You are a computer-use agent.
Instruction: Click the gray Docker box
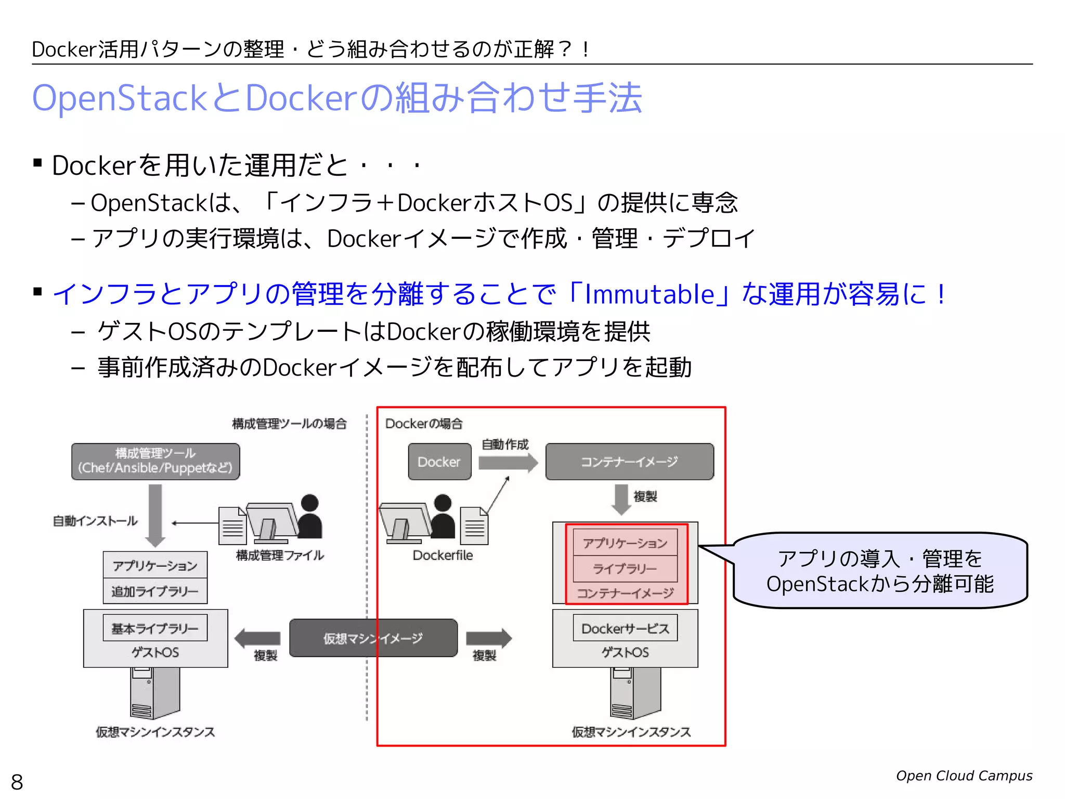439,461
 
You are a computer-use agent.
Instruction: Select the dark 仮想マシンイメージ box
373,638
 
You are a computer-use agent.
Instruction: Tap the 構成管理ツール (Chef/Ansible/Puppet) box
155,461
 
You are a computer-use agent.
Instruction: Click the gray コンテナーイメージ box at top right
629,461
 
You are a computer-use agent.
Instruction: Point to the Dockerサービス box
625,628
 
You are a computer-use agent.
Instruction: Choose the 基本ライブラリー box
155,628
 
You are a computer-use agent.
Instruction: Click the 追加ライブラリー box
155,591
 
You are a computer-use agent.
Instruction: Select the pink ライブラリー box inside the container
625,569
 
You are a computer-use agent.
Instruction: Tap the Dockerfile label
443,555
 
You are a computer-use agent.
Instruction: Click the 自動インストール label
95,521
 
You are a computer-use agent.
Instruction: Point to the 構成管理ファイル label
280,555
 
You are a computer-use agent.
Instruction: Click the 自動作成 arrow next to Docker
508,462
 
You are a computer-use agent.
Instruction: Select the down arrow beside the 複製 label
621,498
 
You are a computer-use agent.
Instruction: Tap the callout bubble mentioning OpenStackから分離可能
880,571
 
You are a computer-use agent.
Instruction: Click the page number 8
17,782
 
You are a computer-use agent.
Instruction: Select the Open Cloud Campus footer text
964,776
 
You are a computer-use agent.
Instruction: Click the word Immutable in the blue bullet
650,294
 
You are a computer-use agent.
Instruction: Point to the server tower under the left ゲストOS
154,693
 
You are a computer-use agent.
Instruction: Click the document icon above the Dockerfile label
474,525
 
